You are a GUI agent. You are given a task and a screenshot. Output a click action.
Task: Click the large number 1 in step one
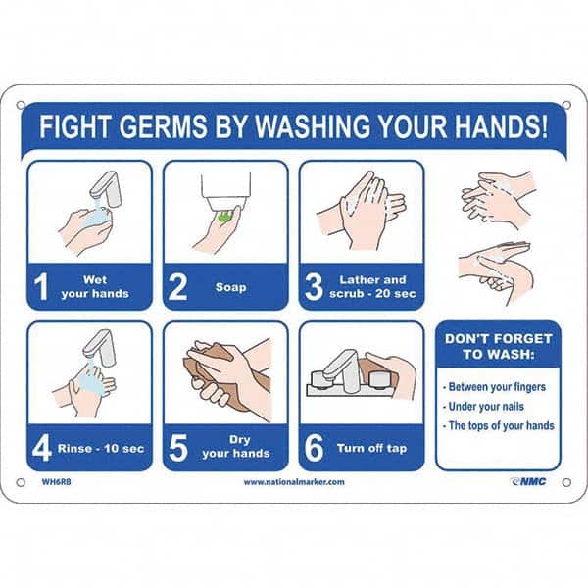click(x=42, y=287)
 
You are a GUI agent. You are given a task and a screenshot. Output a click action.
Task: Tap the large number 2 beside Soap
click(x=178, y=287)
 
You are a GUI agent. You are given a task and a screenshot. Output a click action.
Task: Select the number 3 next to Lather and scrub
click(x=314, y=287)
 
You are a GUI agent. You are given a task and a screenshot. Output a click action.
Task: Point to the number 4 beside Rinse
click(x=42, y=448)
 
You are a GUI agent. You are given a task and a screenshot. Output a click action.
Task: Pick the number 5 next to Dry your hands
click(x=178, y=448)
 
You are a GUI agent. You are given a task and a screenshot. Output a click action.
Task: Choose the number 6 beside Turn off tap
click(x=314, y=448)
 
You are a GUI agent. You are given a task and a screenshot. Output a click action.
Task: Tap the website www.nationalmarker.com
click(x=294, y=482)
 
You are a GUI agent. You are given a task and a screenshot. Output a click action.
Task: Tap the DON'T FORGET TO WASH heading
click(x=498, y=346)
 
